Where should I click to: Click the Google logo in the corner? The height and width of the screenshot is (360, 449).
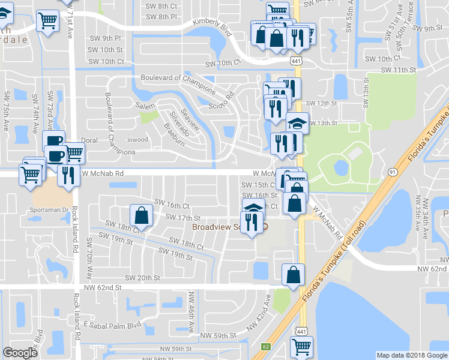(x=20, y=353)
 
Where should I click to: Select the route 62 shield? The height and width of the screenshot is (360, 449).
(x=266, y=346)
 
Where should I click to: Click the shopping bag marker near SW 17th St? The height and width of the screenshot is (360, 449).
(x=141, y=214)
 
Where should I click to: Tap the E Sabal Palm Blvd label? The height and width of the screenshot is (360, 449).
(x=112, y=325)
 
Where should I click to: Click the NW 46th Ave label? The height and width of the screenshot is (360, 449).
(x=192, y=307)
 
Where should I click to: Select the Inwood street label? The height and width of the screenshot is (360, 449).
(x=136, y=140)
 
